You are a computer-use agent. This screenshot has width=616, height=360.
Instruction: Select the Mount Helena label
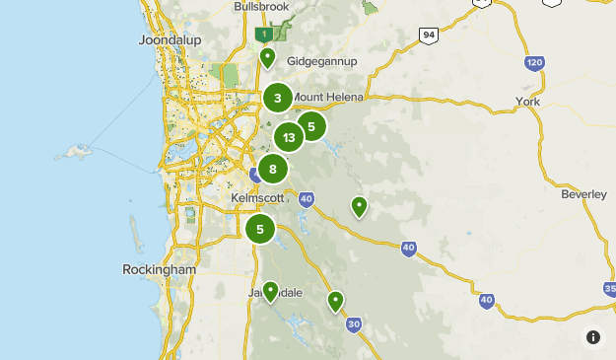(x=330, y=97)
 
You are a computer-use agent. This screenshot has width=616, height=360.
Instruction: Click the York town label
(x=529, y=102)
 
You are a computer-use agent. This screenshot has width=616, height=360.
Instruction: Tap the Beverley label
(x=584, y=195)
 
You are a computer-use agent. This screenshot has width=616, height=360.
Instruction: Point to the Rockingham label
(x=160, y=269)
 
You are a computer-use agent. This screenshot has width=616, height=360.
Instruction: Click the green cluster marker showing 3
(x=278, y=98)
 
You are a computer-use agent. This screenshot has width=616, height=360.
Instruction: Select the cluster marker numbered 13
(x=289, y=138)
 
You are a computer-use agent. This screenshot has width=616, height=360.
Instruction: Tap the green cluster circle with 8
(x=273, y=170)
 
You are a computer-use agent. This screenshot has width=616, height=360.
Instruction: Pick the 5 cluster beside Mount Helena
(x=311, y=126)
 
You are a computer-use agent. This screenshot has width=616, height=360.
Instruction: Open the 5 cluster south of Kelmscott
(x=260, y=230)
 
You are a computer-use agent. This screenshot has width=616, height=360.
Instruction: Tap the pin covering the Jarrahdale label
(x=270, y=291)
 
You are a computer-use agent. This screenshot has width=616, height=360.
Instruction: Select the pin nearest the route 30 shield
(x=335, y=301)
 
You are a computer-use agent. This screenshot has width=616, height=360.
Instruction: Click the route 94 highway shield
(x=427, y=36)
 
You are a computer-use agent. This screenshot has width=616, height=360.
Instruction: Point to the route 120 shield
(x=534, y=64)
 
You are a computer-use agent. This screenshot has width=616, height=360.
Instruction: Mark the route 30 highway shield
(x=355, y=324)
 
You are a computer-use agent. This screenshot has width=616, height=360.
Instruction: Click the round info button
(x=592, y=337)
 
